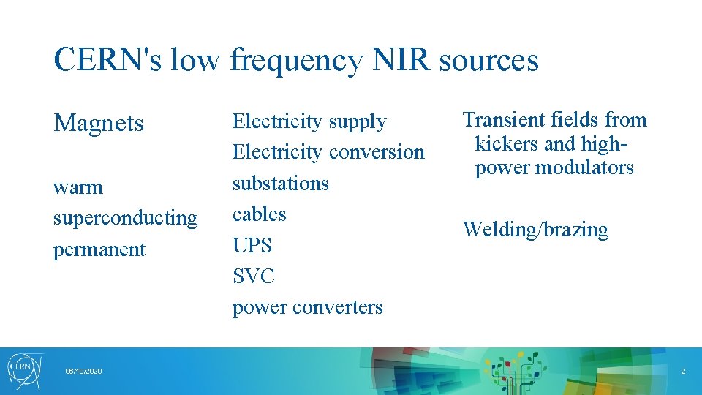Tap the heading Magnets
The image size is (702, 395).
click(x=99, y=123)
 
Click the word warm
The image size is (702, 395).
click(x=78, y=187)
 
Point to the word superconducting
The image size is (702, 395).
click(x=125, y=218)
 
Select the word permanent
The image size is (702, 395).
click(x=99, y=249)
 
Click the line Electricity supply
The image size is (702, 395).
click(x=309, y=121)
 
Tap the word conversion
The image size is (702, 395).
click(x=377, y=152)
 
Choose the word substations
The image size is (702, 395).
click(x=281, y=183)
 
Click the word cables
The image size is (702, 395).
click(x=260, y=214)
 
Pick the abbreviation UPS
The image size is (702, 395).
click(x=252, y=245)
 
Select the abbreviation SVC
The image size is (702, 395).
click(x=254, y=276)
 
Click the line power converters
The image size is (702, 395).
click(x=307, y=307)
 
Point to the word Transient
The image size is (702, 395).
click(x=499, y=120)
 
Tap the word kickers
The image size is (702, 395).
click(x=509, y=143)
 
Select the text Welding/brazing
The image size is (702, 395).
click(x=535, y=230)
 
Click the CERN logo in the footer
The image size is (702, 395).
click(x=25, y=369)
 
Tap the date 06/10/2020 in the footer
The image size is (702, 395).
click(x=83, y=372)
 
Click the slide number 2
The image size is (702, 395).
click(x=683, y=372)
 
